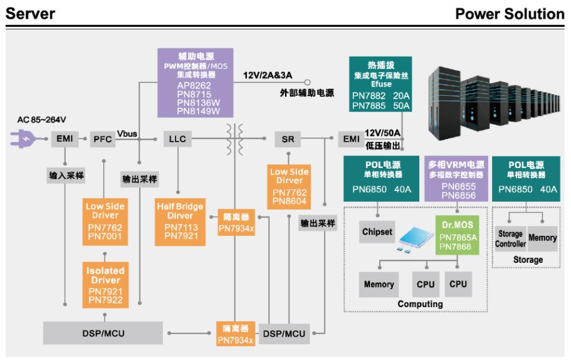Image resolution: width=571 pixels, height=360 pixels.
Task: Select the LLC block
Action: pyautogui.click(x=176, y=139)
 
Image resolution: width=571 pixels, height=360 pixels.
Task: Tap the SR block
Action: pyautogui.click(x=288, y=139)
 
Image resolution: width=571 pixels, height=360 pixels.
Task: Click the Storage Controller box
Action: pyautogui.click(x=510, y=238)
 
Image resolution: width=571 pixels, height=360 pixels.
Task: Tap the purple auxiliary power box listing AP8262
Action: pyautogui.click(x=195, y=82)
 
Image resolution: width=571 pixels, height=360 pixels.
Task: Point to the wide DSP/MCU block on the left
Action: pyautogui.click(x=104, y=334)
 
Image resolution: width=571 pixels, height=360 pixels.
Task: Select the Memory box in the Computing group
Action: pyautogui.click(x=379, y=284)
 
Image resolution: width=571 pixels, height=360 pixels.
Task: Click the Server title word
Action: pyautogui.click(x=30, y=13)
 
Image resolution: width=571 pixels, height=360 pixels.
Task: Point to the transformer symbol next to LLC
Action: pyautogui.click(x=232, y=139)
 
